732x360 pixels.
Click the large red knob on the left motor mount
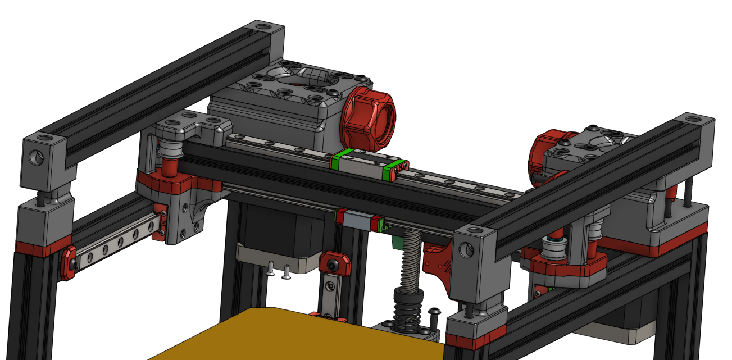(x=370, y=119)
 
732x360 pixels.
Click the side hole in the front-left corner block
(x=35, y=159)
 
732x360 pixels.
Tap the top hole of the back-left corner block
(x=262, y=26)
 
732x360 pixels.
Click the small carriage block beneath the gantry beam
(x=360, y=219)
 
